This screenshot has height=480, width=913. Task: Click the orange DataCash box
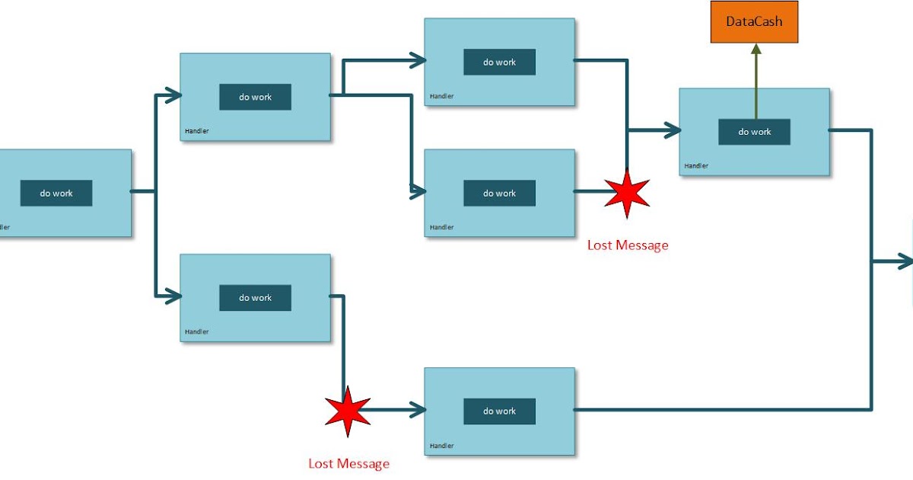pyautogui.click(x=754, y=22)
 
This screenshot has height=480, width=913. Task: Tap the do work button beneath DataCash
pyautogui.click(x=754, y=132)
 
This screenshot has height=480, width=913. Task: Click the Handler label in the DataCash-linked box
pyautogui.click(x=695, y=165)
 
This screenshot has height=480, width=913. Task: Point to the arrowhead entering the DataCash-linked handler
pyautogui.click(x=673, y=130)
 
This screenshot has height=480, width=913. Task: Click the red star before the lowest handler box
pyautogui.click(x=348, y=411)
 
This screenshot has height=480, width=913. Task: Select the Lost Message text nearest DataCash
pyautogui.click(x=628, y=245)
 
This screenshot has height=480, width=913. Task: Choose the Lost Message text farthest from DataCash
pyautogui.click(x=348, y=463)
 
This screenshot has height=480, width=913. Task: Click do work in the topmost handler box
pyautogui.click(x=499, y=62)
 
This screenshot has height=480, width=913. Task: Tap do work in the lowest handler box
pyautogui.click(x=499, y=411)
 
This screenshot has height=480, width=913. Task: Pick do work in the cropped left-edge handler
pyautogui.click(x=56, y=194)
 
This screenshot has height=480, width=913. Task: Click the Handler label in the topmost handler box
pyautogui.click(x=441, y=96)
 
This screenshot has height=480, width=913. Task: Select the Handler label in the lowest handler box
pyautogui.click(x=441, y=445)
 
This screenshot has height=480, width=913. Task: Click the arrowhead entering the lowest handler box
pyautogui.click(x=418, y=410)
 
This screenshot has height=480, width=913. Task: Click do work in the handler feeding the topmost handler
pyautogui.click(x=255, y=97)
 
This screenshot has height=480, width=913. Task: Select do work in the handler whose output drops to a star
pyautogui.click(x=255, y=298)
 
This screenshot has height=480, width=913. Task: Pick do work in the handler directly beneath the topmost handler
pyautogui.click(x=499, y=194)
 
